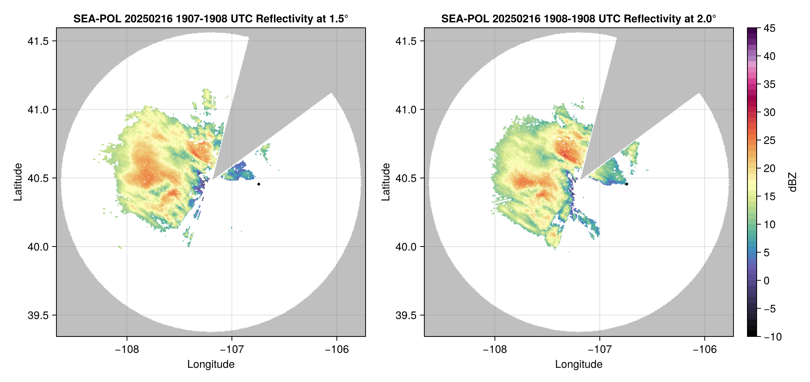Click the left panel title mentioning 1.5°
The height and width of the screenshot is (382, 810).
(211, 19)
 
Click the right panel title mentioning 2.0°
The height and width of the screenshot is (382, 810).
(579, 19)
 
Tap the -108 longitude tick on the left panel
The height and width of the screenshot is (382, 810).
(127, 350)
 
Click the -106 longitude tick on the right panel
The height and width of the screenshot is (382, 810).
(704, 350)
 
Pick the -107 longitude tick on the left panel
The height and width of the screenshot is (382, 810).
(232, 350)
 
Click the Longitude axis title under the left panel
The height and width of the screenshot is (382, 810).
(211, 364)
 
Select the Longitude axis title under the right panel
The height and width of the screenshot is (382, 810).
(579, 364)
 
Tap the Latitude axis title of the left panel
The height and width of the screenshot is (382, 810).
(18, 182)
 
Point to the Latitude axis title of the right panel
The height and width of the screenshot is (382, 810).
(386, 182)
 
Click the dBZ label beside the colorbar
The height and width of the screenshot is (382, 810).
(793, 182)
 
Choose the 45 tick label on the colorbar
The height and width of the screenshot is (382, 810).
(769, 28)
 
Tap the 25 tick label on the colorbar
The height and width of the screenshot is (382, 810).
(769, 140)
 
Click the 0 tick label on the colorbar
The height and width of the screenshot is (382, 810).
(767, 281)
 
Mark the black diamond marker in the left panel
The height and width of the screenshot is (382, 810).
(259, 184)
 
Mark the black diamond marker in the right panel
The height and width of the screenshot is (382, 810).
(626, 184)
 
